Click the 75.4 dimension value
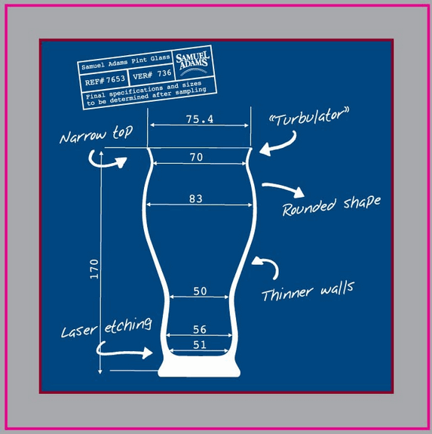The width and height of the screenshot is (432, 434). [200, 119]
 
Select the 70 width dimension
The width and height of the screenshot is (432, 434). [197, 157]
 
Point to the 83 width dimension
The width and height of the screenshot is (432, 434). [196, 199]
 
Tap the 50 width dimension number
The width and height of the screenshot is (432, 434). [200, 291]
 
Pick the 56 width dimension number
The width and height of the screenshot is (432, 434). [200, 329]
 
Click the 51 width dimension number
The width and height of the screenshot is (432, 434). [200, 345]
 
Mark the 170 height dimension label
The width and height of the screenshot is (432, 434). [94, 269]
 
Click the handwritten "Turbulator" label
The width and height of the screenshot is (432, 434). [308, 117]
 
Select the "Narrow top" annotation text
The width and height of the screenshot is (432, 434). [96, 134]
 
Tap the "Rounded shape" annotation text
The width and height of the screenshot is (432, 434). [332, 205]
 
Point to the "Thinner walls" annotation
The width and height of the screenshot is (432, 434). [308, 291]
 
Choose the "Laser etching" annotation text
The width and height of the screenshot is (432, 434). [106, 328]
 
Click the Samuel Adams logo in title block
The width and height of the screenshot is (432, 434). [193, 63]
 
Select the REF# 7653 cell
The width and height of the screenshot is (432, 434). [104, 80]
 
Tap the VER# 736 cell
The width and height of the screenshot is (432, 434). [152, 74]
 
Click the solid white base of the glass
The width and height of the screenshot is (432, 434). [199, 366]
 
